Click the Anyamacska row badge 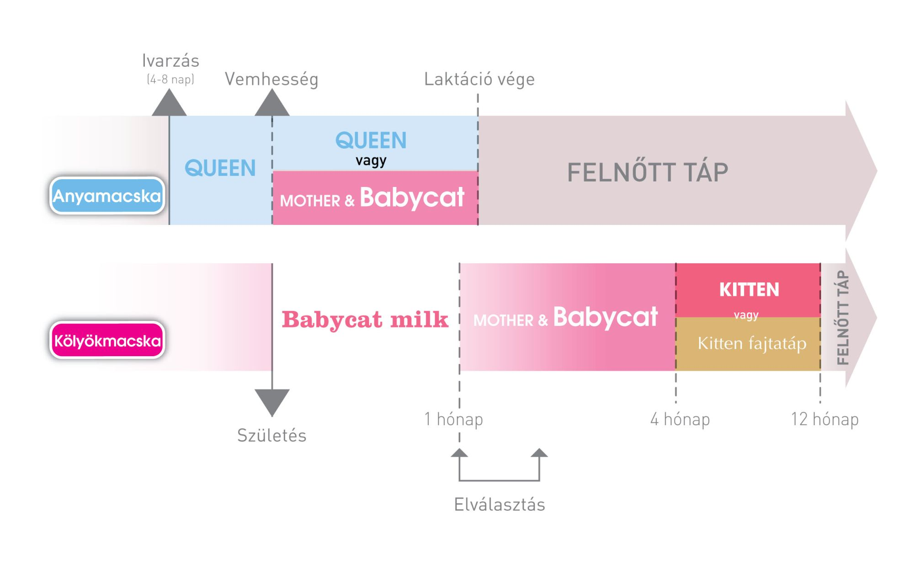[x=107, y=196]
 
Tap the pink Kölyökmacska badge [x=107, y=340]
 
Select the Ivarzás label [x=170, y=61]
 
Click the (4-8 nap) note [x=170, y=80]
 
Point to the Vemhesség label [x=271, y=79]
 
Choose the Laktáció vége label [x=479, y=79]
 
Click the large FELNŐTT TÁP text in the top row [x=648, y=172]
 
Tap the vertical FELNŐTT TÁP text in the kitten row [x=842, y=317]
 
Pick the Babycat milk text [x=365, y=319]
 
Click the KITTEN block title [x=749, y=289]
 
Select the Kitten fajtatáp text [x=752, y=343]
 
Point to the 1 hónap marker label [x=453, y=419]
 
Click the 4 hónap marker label [x=680, y=419]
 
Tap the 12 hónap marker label [x=824, y=419]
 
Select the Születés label [x=271, y=435]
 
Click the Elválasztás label [x=500, y=504]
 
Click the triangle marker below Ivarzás [x=169, y=104]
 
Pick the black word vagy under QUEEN [x=371, y=160]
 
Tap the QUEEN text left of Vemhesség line [x=220, y=168]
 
